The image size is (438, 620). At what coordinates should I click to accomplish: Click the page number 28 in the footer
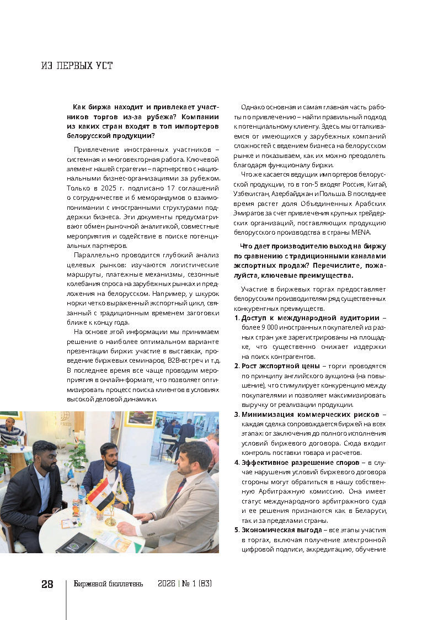coord(47,584)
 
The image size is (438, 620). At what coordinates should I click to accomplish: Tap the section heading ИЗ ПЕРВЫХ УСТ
coord(77,66)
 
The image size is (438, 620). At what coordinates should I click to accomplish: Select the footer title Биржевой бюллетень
coord(109,584)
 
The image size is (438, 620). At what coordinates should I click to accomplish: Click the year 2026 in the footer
coord(167,584)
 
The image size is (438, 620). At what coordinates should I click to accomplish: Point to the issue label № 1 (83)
coord(196,584)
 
